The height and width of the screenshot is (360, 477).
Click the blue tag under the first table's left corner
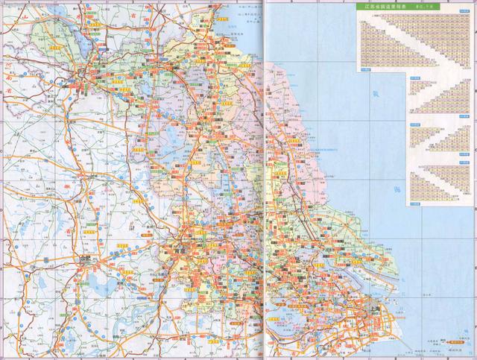[x=364, y=69]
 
